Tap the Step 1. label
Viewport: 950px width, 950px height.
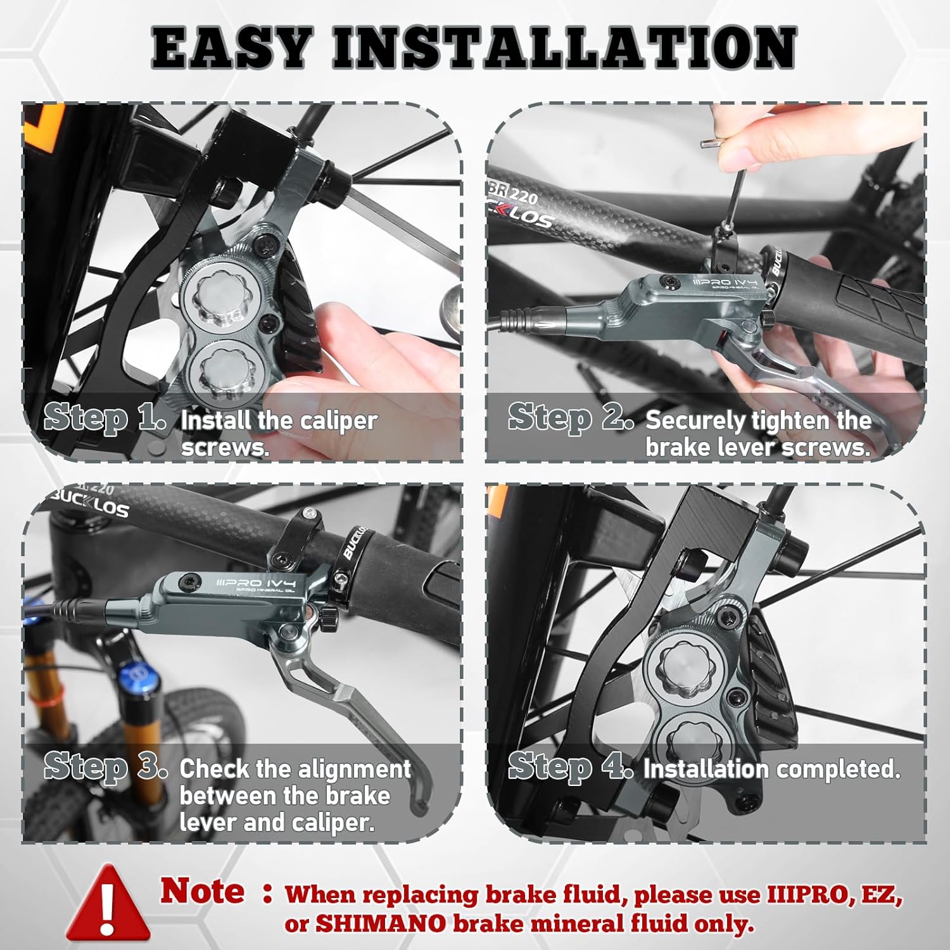click(x=105, y=419)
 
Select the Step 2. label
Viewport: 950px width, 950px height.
click(x=571, y=418)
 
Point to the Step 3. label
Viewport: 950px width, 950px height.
click(x=106, y=767)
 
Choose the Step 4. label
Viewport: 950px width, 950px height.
click(x=571, y=766)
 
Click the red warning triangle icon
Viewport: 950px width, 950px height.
click(x=108, y=902)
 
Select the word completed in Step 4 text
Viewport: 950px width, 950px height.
click(x=838, y=769)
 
